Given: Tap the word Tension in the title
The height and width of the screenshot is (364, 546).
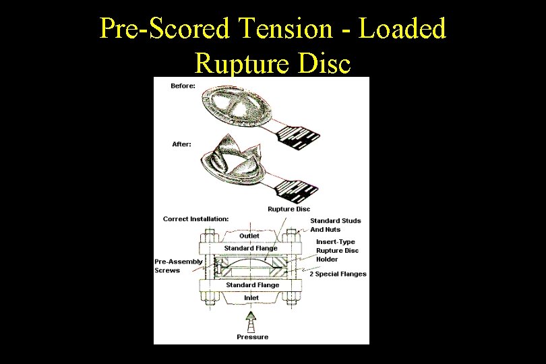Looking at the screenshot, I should coord(286,29).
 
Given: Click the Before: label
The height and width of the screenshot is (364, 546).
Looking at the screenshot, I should coord(183,86).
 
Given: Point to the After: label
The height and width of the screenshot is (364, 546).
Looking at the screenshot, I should coord(181,144).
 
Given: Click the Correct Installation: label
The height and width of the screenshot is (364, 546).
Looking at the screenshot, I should coord(195,218).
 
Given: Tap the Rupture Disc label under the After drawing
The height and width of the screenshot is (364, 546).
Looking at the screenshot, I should coord(289,209).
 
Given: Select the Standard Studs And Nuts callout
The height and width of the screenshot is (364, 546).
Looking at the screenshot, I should coord(335,225).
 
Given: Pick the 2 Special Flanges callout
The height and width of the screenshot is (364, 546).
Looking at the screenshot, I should coord(338,274).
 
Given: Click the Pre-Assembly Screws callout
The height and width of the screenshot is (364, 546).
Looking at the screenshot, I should coord(178,266).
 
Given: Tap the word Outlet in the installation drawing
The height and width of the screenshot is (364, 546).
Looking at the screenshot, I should coord(249,236).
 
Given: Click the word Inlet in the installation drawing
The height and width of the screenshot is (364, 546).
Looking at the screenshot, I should coord(251,298).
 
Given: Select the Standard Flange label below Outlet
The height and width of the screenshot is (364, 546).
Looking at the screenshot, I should coord(251,248).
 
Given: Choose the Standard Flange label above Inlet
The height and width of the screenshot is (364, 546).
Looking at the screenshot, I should coord(252,285).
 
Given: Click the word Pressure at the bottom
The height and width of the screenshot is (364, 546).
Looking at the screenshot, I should coord(252,337).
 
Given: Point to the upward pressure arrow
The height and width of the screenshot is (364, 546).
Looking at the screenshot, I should coord(251,320).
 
